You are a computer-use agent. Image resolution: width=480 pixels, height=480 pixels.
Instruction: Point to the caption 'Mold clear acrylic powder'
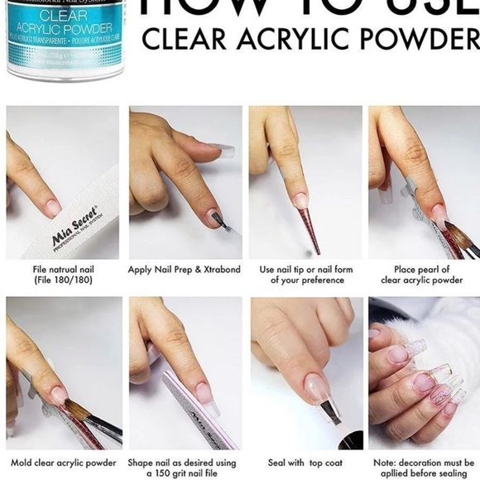[64, 463]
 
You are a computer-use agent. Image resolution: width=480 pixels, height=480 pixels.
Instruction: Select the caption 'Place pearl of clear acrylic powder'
[421, 275]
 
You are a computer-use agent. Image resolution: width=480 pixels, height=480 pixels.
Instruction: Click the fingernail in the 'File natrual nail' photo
[53, 207]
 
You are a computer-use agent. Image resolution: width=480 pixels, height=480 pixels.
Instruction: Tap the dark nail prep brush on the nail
[217, 219]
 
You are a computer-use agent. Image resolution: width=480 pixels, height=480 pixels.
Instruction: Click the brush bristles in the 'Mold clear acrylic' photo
[79, 406]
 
